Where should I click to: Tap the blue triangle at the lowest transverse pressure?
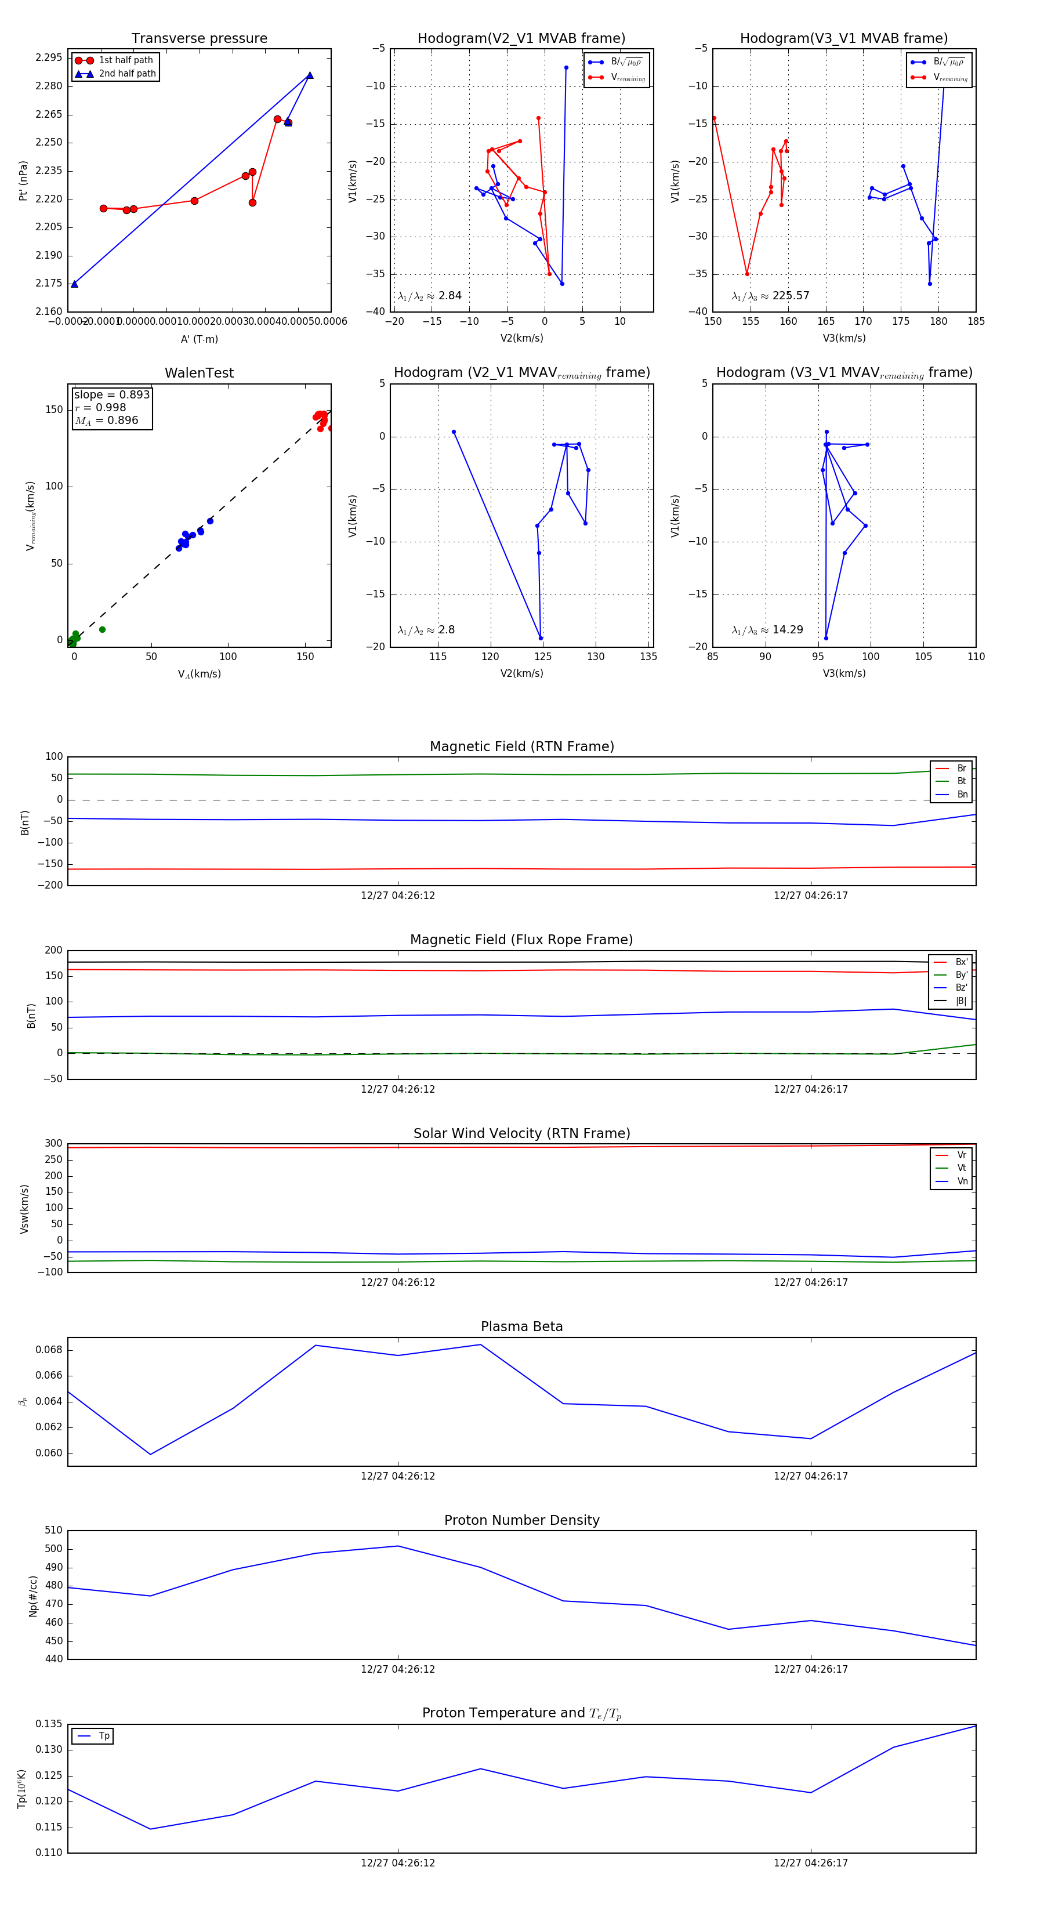coord(74,284)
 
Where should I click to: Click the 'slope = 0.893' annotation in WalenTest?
coord(111,394)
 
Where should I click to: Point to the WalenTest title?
coord(199,373)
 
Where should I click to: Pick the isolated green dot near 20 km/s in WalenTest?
coord(103,629)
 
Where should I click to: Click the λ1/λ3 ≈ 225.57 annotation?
coord(771,296)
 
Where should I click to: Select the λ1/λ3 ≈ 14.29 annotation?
coord(767,630)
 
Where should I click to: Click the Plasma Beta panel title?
coord(521,1326)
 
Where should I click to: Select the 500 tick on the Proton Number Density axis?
coord(53,1549)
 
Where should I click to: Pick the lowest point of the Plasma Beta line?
coord(151,1454)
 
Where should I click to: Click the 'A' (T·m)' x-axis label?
coord(199,339)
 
